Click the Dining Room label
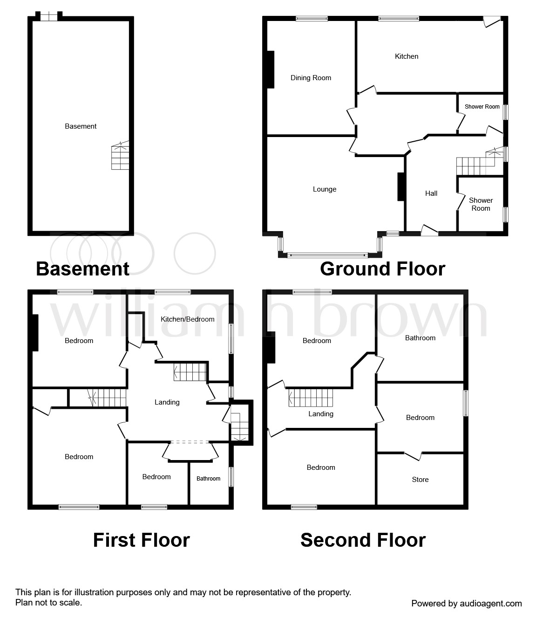(x=311, y=78)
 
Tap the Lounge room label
(x=325, y=189)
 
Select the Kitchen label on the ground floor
(x=407, y=56)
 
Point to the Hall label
(x=431, y=193)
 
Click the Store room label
(x=420, y=480)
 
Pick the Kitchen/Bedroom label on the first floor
(x=187, y=319)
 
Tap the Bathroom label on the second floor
(x=420, y=338)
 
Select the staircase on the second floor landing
(x=311, y=398)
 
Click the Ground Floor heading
(x=382, y=268)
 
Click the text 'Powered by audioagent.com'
(x=467, y=604)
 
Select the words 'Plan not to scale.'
(x=48, y=603)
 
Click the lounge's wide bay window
(x=327, y=255)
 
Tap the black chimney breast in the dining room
(x=271, y=70)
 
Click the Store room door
(x=413, y=456)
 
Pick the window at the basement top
(x=49, y=16)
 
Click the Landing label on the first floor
(x=167, y=402)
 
